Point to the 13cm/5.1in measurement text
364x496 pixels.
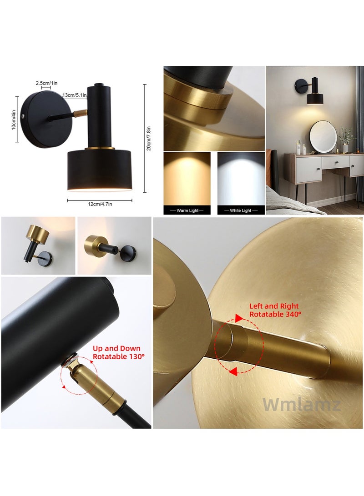click(x=75, y=95)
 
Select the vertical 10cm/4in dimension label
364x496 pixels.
click(x=14, y=120)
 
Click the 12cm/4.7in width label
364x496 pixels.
click(x=99, y=204)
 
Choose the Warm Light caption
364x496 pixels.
click(x=187, y=210)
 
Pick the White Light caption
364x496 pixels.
click(x=241, y=210)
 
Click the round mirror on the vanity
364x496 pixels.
click(x=323, y=136)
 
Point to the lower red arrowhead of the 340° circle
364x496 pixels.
click(x=233, y=372)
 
